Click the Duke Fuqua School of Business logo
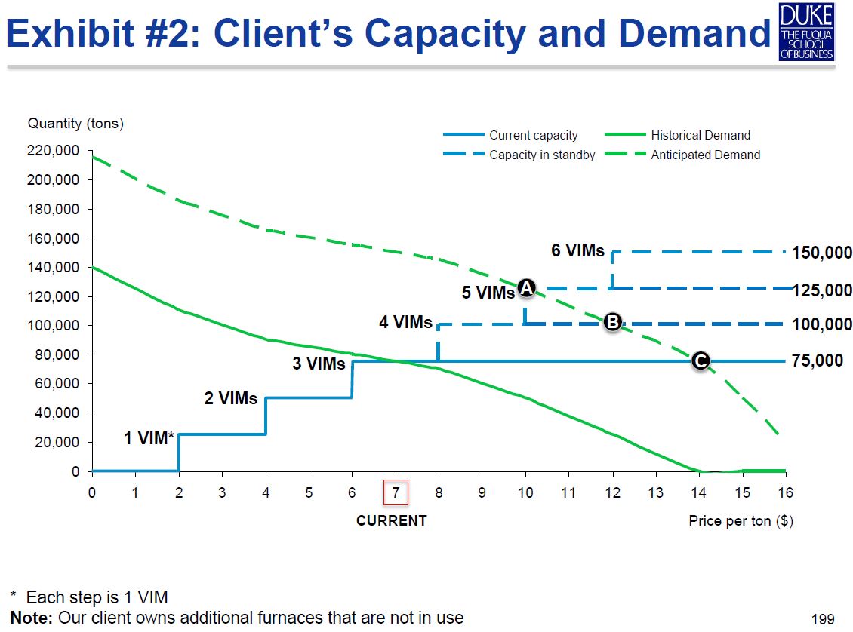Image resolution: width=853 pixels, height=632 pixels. point(807,31)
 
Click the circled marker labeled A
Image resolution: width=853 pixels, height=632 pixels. point(527,287)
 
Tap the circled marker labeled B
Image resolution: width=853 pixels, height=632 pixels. point(613,322)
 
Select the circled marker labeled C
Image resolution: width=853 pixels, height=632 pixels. point(700,361)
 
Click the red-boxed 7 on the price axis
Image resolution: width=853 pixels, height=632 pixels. point(396,492)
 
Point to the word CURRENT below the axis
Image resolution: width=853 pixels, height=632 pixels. point(391,520)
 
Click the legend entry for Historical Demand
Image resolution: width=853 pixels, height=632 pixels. point(700,136)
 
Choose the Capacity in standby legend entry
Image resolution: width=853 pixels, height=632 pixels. point(541,155)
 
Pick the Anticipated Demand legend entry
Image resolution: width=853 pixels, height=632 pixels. point(705,155)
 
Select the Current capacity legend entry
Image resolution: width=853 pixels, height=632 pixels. point(533,136)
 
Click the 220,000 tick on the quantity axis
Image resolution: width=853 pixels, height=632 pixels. point(53,151)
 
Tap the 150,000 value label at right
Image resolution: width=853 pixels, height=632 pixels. point(822,253)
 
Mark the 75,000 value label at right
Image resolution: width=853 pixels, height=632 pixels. point(818,361)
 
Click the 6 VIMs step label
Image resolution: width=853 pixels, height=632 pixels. point(577,251)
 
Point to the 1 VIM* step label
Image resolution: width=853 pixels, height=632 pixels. point(149,438)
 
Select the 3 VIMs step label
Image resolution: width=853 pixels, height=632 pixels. point(319,364)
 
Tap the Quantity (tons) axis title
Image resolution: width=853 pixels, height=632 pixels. point(75,123)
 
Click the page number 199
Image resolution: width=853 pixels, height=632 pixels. point(822,620)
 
